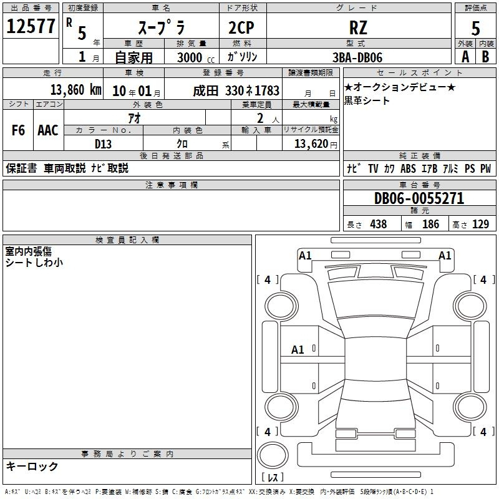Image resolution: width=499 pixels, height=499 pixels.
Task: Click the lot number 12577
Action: (31, 26)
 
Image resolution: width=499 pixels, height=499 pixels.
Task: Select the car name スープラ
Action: (162, 27)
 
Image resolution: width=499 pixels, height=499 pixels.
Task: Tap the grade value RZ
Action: (358, 27)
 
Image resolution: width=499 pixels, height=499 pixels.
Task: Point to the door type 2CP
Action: (241, 27)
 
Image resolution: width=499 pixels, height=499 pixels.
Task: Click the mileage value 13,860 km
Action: (76, 90)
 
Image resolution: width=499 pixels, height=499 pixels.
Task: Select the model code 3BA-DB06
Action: (357, 57)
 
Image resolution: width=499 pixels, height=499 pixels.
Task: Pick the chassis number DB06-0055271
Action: (419, 198)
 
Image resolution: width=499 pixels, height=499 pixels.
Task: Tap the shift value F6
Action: (18, 130)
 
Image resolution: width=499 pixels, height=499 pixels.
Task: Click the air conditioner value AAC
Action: (48, 130)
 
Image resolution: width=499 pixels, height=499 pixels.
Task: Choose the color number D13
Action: (103, 144)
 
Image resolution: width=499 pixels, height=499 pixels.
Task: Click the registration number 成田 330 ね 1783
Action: (236, 91)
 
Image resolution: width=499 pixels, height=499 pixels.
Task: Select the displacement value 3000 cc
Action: (196, 57)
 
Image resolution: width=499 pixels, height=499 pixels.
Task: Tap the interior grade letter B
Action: (485, 57)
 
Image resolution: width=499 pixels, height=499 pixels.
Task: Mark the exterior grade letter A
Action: (465, 57)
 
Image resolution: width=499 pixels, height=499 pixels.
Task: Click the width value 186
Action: (430, 224)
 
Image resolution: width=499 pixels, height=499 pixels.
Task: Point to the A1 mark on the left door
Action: (298, 350)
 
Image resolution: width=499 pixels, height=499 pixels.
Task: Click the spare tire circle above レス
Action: (273, 455)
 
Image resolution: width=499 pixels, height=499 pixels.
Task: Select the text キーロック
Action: (32, 467)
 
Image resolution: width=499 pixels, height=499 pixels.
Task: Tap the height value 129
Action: (480, 224)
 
